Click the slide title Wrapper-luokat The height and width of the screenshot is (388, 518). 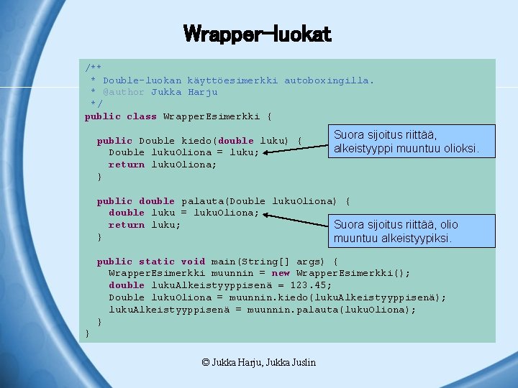point(257,34)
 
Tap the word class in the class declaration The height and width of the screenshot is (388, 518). point(142,116)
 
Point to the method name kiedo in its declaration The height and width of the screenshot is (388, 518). point(196,141)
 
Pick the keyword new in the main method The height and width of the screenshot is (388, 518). point(281,273)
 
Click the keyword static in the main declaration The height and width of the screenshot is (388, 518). point(157,262)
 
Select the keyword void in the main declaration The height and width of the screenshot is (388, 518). point(193,262)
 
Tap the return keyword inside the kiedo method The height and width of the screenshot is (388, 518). point(127,165)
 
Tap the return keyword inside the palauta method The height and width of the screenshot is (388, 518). point(127,225)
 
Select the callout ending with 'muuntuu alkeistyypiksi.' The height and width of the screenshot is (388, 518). point(414,231)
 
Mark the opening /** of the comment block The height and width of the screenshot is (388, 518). point(94,68)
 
